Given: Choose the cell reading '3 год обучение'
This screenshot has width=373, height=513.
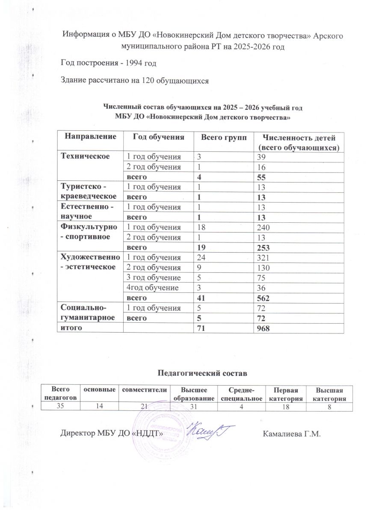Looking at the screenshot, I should pyautogui.click(x=149, y=277).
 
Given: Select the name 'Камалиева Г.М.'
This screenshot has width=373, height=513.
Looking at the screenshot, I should pyautogui.click(x=291, y=434).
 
